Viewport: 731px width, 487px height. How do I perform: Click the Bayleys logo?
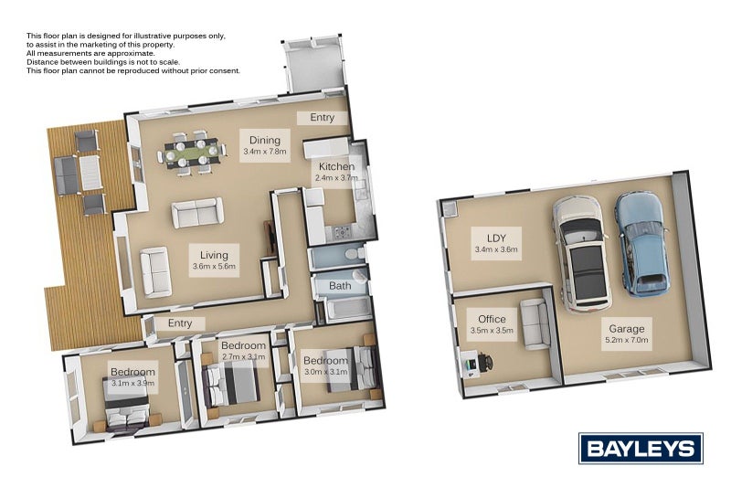641,448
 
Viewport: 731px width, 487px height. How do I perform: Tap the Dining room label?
265,140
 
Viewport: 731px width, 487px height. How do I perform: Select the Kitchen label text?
336,167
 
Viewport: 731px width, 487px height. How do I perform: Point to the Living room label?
215,255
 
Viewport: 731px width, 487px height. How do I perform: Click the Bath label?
340,286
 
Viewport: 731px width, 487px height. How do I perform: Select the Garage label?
627,328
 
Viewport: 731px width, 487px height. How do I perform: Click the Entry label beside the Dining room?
322,117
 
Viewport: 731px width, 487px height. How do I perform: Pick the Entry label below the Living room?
180,323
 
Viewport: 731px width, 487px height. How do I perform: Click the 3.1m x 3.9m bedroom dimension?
132,386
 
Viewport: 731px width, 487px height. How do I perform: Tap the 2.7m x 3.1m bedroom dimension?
243,358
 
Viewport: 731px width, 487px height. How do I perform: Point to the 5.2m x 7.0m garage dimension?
627,340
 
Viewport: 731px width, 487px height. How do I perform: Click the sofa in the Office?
535,323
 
